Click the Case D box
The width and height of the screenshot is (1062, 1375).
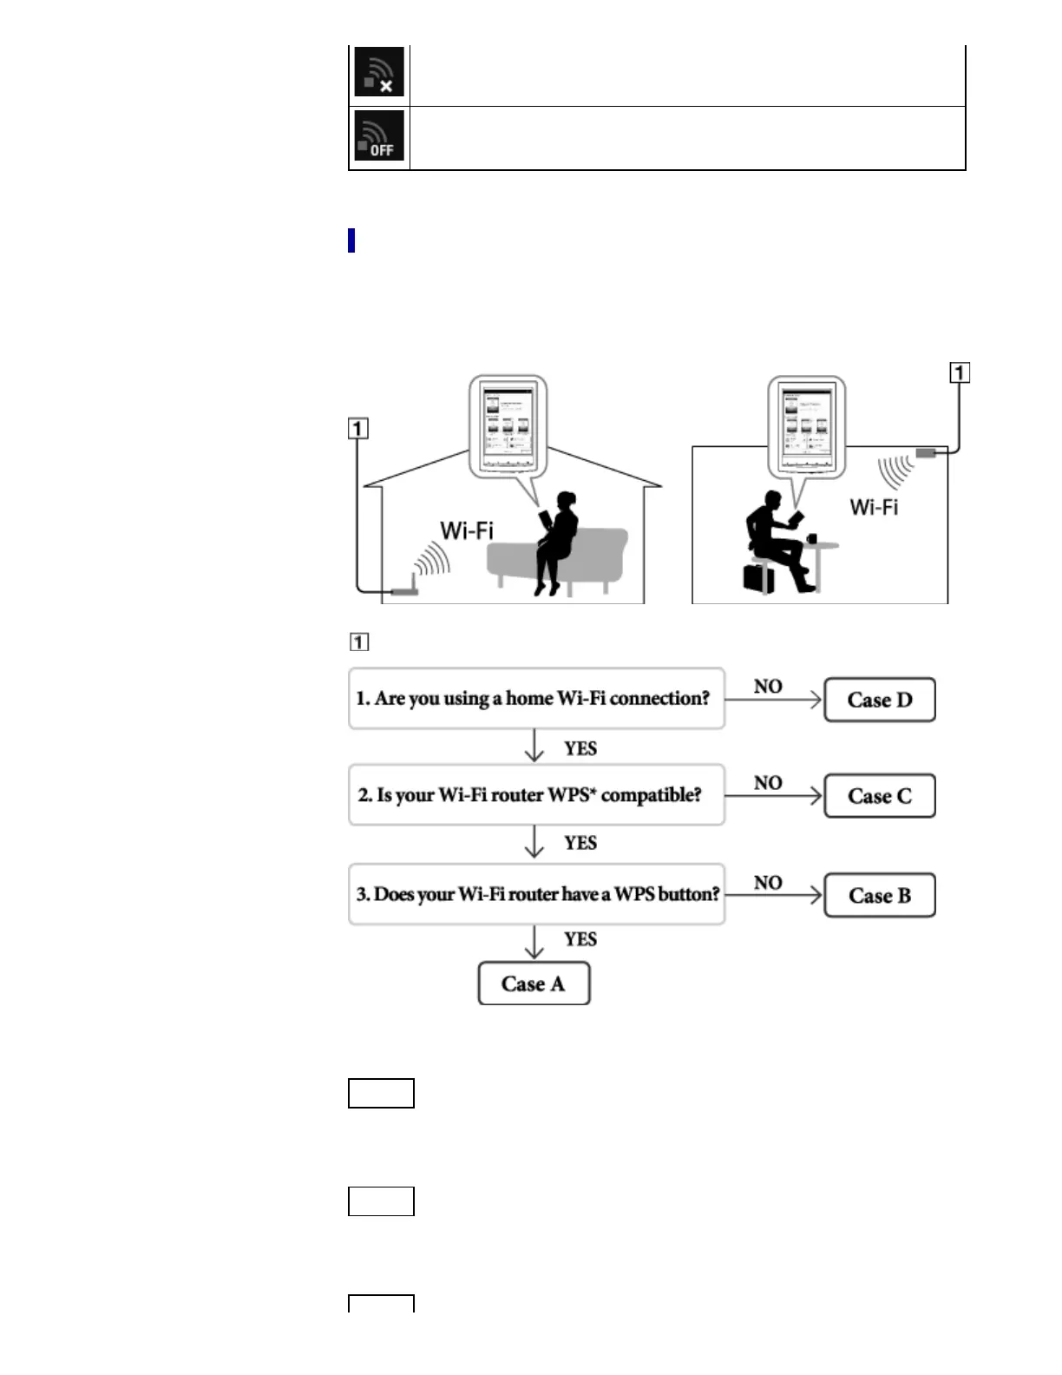coord(879,700)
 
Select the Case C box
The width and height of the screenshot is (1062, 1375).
coord(879,796)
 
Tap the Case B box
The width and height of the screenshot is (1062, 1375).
coord(879,896)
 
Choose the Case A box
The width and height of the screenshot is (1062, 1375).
coord(534,984)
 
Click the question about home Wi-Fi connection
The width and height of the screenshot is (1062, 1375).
coord(536,699)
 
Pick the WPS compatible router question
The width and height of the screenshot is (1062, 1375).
coord(536,795)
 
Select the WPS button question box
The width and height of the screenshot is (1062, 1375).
coord(536,894)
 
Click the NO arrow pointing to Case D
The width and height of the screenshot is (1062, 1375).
coord(773,699)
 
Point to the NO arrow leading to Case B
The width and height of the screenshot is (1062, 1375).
coord(773,895)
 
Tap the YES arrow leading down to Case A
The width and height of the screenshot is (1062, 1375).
coord(534,942)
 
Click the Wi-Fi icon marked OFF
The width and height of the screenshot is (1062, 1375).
coord(379,137)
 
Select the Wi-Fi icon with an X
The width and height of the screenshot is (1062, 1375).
coord(379,73)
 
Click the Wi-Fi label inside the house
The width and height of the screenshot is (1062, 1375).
coord(466,530)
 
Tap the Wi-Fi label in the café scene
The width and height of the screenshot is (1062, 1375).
coord(874,507)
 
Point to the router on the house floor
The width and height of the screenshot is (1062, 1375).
coord(404,592)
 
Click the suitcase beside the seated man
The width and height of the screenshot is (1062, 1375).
coord(758,578)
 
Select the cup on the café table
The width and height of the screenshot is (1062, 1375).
coord(811,539)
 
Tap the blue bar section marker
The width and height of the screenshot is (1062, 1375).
coord(351,240)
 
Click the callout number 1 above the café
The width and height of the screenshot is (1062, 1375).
coord(960,372)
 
